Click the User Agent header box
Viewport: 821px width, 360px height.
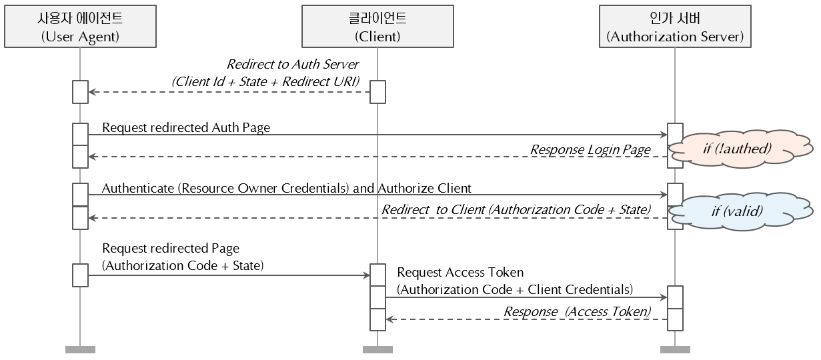[x=79, y=27]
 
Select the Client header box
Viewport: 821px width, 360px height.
[x=377, y=27]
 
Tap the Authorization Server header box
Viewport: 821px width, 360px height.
[x=674, y=27]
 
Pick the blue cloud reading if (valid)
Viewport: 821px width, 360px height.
[x=736, y=212]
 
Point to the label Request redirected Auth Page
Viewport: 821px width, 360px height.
[x=186, y=127]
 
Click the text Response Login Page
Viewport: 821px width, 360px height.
[x=590, y=149]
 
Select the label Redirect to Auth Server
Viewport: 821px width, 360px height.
[x=293, y=65]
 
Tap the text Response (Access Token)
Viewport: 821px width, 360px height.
[x=577, y=311]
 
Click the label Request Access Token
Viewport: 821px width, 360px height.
[x=460, y=272]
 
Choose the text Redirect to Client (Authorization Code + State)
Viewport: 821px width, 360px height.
[x=516, y=209]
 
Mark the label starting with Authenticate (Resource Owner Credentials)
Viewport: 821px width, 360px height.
[x=287, y=188]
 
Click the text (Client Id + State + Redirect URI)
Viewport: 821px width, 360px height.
[x=265, y=82]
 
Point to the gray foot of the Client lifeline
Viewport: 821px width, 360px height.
[x=377, y=349]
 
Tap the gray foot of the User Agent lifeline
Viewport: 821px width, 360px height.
[x=80, y=349]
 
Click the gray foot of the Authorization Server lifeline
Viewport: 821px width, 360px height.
[x=675, y=349]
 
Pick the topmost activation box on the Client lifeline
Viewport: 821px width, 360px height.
[x=377, y=92]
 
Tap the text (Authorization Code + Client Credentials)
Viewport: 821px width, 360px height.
[x=514, y=289]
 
